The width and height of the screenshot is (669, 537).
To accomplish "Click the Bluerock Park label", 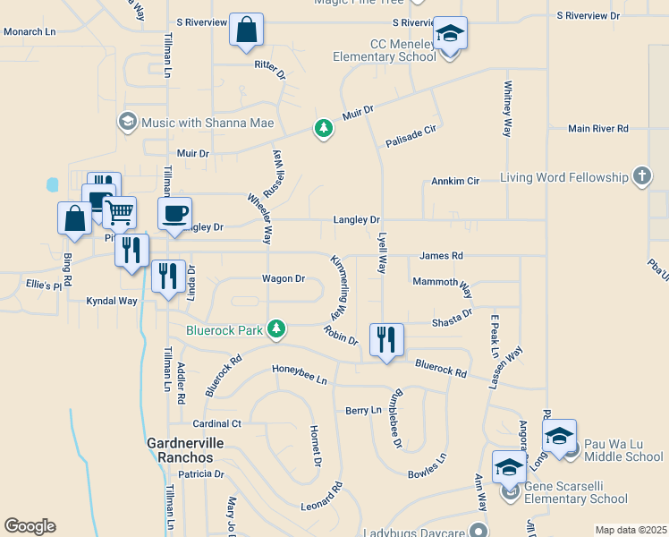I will coord(224,330).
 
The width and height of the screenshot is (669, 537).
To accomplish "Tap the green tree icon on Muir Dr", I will coord(323,129).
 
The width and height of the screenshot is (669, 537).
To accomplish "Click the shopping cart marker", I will coord(119,213).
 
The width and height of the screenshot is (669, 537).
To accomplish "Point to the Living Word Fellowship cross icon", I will coord(641,177).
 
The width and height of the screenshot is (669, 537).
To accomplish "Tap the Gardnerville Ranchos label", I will coord(186,450).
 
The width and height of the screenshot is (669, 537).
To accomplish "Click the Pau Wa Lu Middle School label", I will coord(622,450).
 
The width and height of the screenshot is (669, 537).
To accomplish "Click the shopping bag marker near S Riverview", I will coord(246,30).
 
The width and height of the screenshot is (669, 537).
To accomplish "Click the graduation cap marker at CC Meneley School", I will coord(450,34).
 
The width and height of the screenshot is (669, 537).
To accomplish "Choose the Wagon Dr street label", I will coord(284,278).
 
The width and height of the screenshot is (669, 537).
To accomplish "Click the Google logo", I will coord(30,526).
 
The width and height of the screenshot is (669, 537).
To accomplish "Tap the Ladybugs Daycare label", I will coord(419,530).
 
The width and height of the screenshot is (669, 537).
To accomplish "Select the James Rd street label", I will coord(440,256).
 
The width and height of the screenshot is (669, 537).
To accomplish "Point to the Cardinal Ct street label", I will coord(217,423).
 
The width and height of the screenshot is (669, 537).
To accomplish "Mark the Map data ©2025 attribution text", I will coord(630,530).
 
